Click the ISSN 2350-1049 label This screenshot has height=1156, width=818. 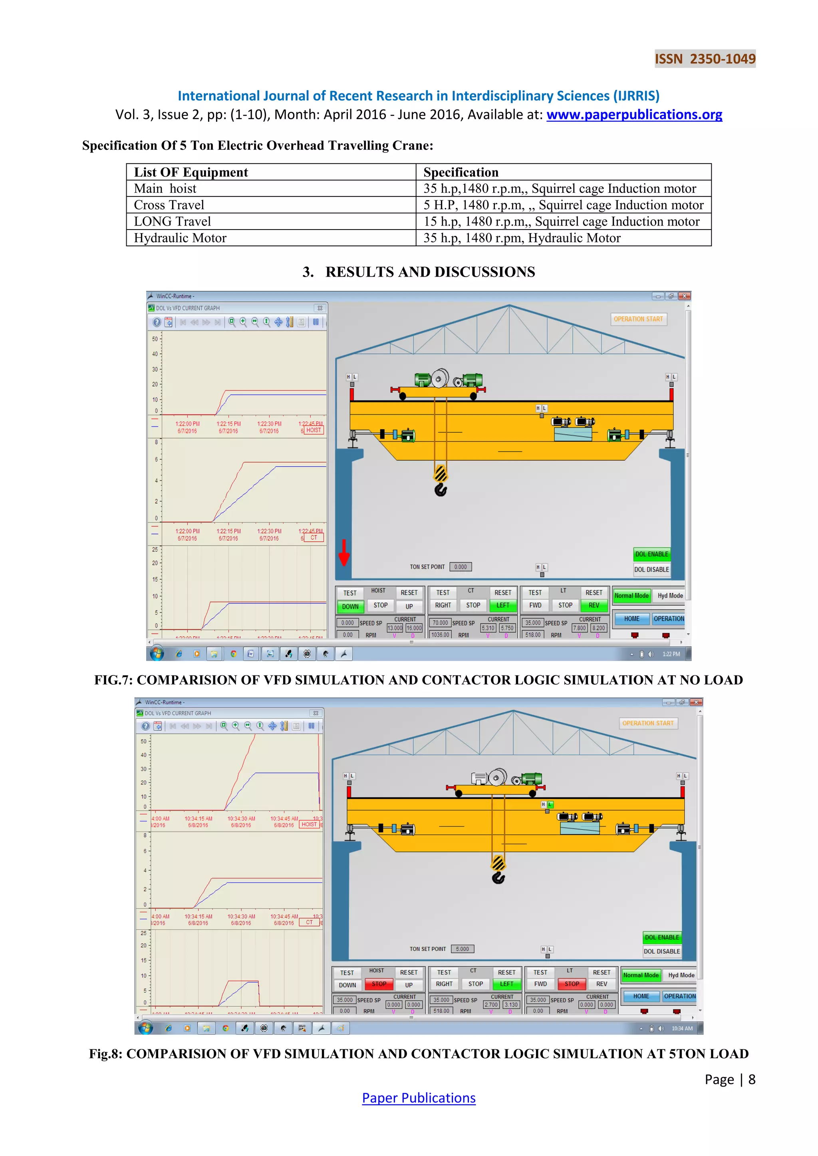pos(705,59)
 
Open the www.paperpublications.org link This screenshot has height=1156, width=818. pos(634,115)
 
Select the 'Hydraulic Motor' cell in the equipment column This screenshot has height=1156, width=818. pos(180,238)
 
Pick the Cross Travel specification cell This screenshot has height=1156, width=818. pos(563,205)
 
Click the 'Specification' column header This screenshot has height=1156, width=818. pos(461,172)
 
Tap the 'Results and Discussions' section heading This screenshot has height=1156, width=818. pos(419,272)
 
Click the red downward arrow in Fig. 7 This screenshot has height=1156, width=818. pos(344,553)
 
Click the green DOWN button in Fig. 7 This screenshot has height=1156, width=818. pos(350,607)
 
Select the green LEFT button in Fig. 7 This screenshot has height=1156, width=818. pos(503,606)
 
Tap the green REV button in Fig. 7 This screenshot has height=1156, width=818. pos(594,606)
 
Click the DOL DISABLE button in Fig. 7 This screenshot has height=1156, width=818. pos(651,570)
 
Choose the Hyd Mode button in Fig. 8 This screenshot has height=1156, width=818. pos(681,975)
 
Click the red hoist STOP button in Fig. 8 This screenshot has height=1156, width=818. pos(379,984)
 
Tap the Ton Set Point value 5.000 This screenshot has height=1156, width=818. pos(463,949)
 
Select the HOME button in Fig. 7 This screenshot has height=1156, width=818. pos(631,619)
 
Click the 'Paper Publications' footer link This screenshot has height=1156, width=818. pos(419,1099)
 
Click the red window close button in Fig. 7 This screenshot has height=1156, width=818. pos(684,296)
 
